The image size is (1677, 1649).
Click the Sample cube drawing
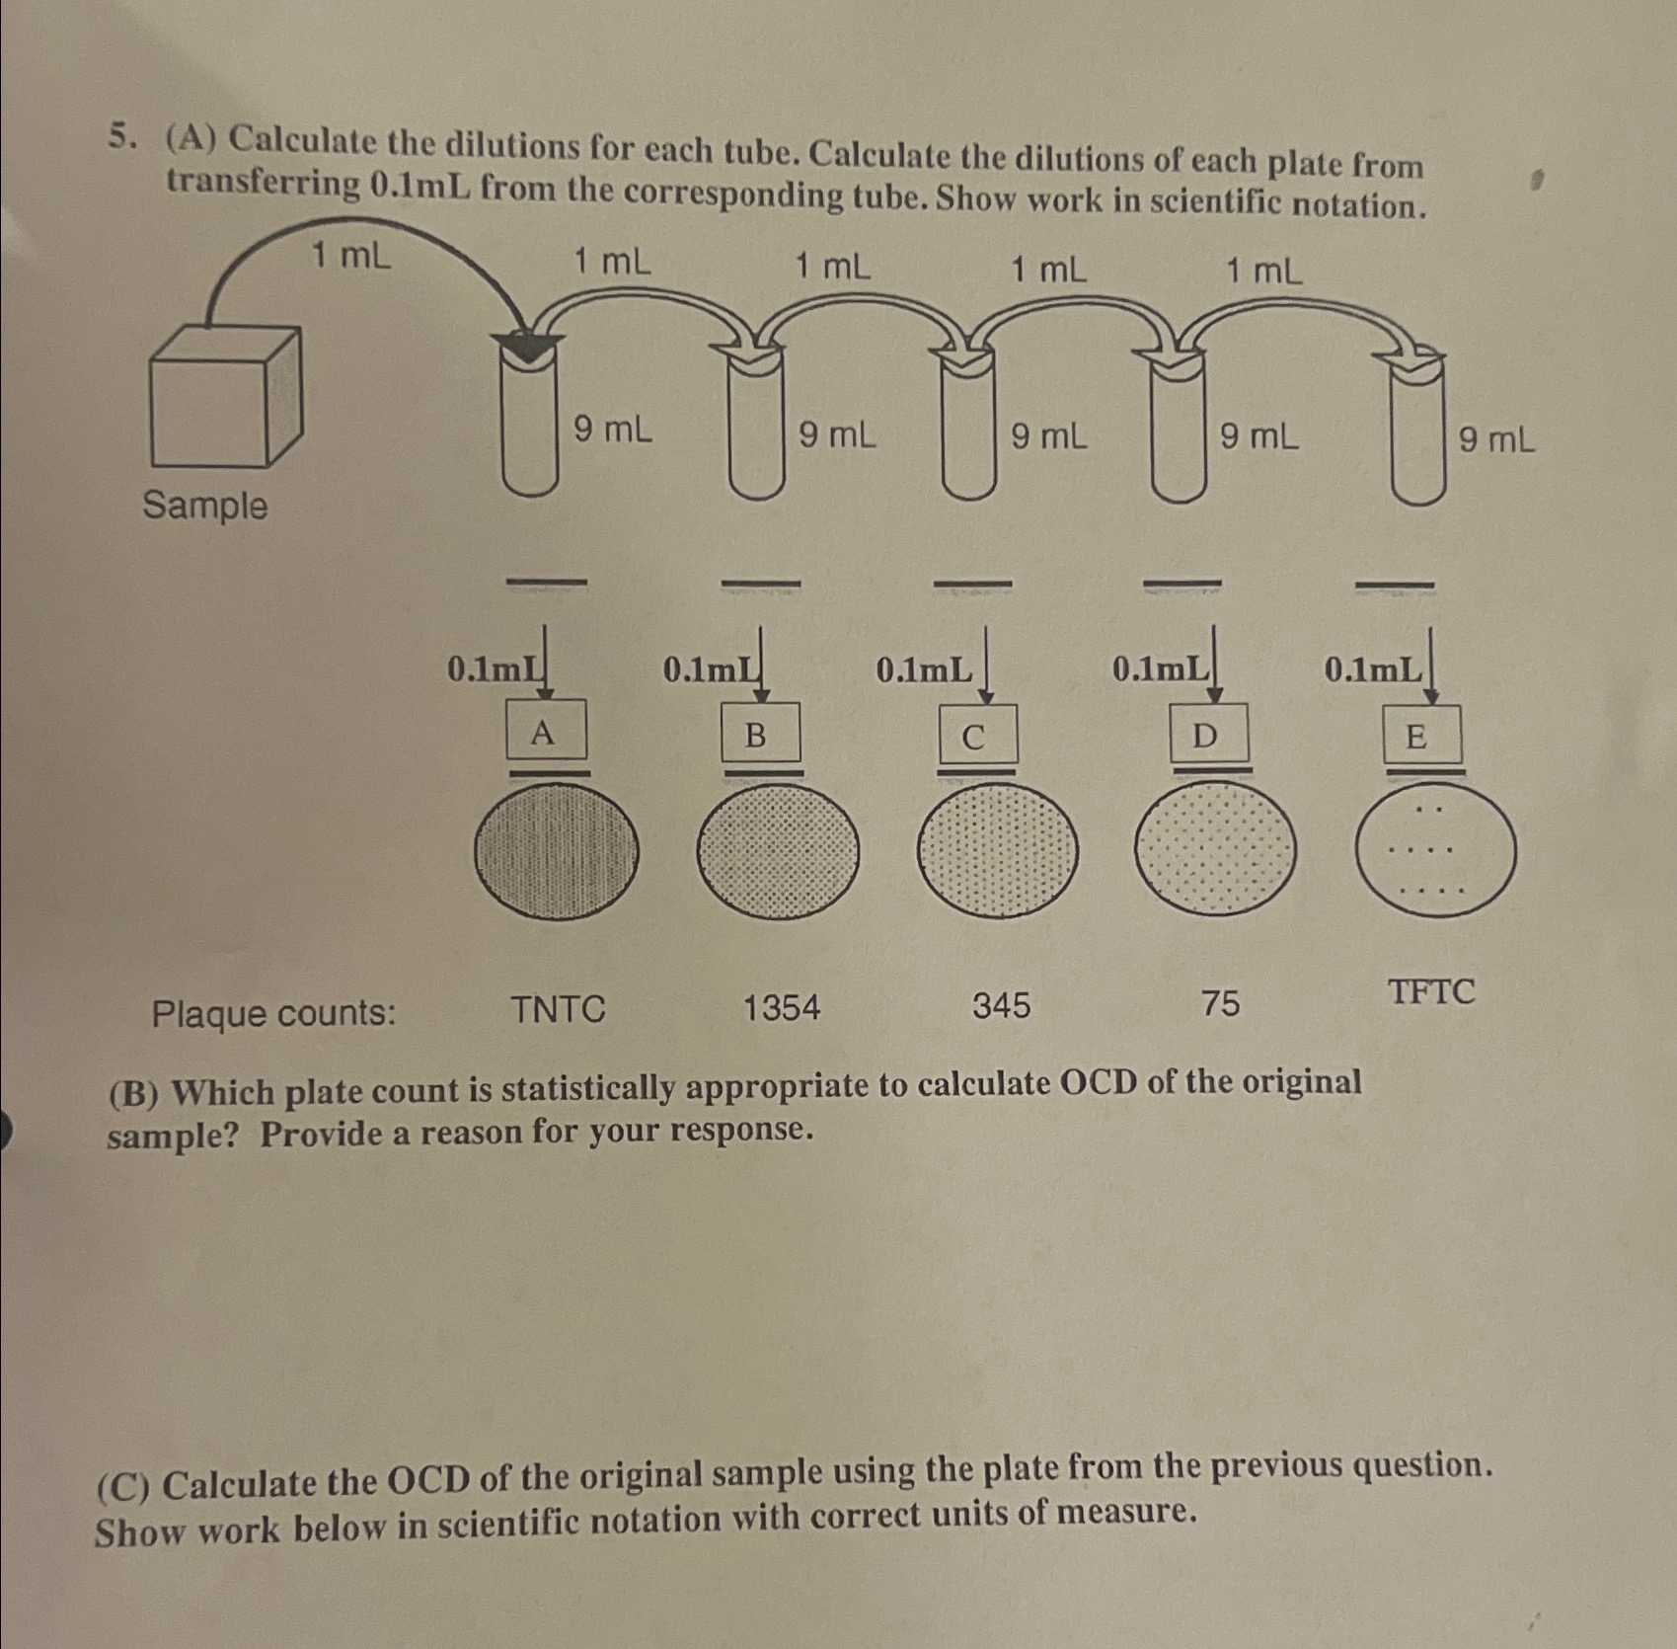pos(225,397)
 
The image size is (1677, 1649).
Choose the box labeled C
pos(976,737)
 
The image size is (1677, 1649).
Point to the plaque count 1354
pos(781,1008)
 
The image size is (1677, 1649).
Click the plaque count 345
pos(1001,1006)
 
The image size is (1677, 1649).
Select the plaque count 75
pos(1220,1004)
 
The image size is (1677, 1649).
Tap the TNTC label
pos(558,1010)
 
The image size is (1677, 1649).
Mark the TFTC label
pos(1431,991)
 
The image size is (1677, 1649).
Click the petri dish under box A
pos(556,851)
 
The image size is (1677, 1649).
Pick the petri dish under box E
pos(1436,851)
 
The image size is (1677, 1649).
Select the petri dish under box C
pos(997,851)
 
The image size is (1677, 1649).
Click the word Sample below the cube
pos(205,506)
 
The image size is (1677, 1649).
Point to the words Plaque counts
pos(273,1013)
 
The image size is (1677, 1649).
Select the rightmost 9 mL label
pos(1496,439)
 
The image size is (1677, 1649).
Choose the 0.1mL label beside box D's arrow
pos(1159,669)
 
